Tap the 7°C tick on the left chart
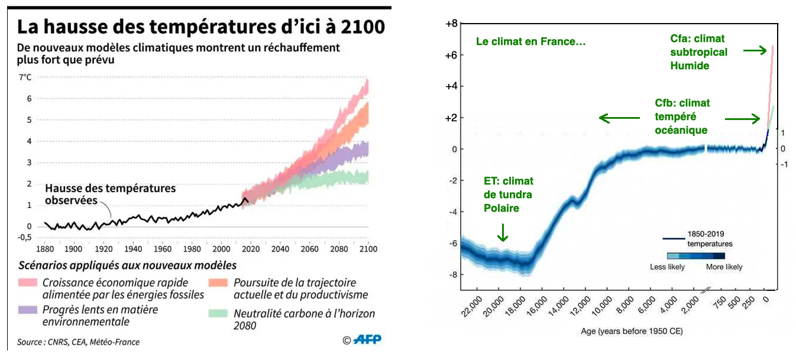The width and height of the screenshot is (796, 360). pos(25,77)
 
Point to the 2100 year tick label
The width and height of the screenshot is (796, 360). pos(368,248)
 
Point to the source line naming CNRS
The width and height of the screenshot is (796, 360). pos(78,342)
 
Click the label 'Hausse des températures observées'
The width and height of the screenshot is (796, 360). pos(111,194)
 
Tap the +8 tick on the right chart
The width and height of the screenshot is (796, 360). pos(451,24)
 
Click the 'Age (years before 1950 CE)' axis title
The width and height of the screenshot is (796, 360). pos(632,332)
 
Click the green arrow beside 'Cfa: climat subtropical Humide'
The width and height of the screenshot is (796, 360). pos(753,51)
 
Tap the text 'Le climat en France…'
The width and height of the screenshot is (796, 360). pos(530,41)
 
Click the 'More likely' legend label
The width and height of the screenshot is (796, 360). pos(724,267)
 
